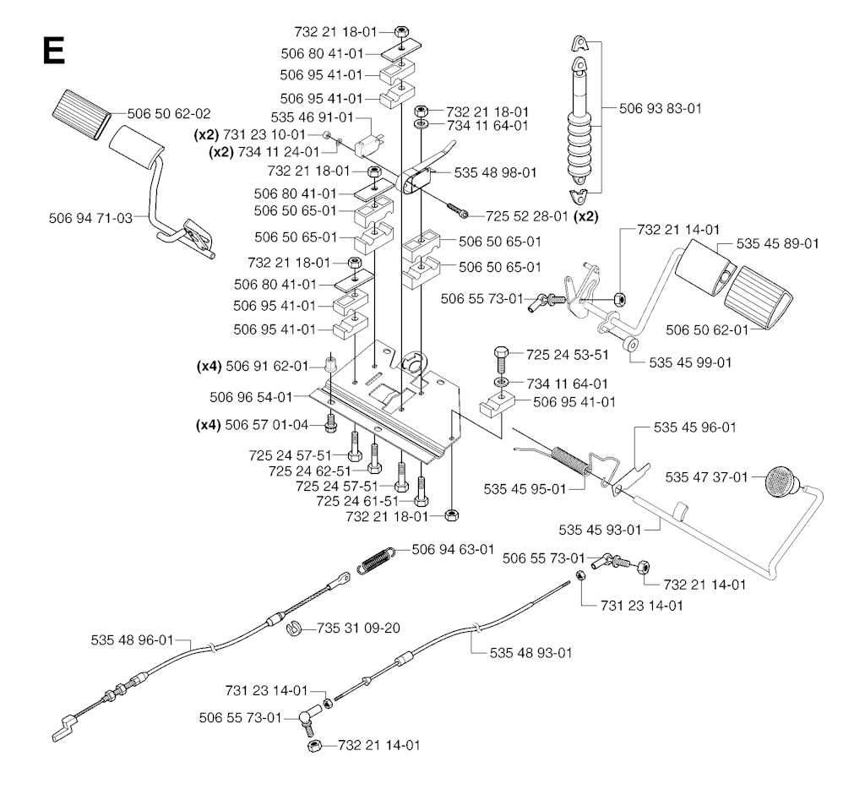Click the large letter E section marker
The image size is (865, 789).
[53, 52]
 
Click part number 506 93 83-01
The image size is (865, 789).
[661, 108]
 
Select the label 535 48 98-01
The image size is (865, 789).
[495, 172]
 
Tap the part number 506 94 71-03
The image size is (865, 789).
[91, 218]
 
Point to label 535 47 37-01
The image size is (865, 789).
[707, 476]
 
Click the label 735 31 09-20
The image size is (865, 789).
[358, 628]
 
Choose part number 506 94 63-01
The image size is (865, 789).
[453, 550]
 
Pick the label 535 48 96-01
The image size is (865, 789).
[133, 640]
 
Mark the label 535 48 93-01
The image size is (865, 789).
[531, 653]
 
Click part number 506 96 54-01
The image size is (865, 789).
[251, 397]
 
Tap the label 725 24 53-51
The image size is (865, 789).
[568, 355]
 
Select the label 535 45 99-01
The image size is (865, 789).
[691, 362]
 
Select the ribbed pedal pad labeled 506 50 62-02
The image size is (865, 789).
[81, 114]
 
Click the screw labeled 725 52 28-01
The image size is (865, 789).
[457, 210]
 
